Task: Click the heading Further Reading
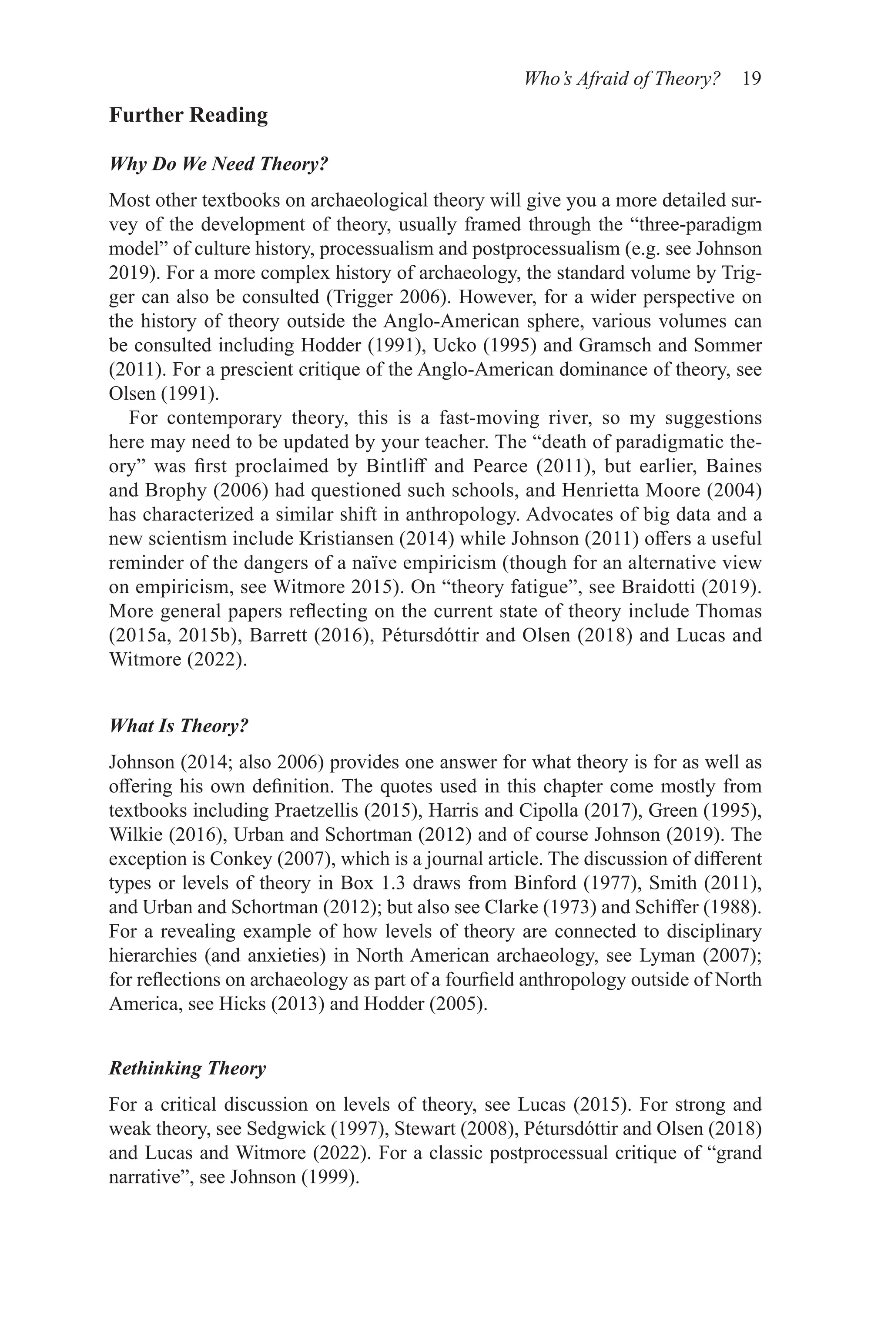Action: point(188,115)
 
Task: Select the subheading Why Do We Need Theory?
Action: point(219,165)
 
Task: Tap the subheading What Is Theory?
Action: point(179,726)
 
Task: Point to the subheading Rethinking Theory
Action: point(187,1069)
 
